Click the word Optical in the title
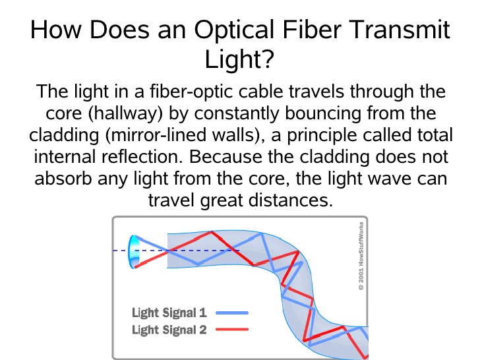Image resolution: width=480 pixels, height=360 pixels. click(234, 30)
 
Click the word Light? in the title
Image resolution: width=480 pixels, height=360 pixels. click(239, 59)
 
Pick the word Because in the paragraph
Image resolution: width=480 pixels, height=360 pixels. click(225, 156)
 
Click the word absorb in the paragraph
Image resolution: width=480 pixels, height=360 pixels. click(63, 178)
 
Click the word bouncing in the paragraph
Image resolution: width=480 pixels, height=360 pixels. click(322, 113)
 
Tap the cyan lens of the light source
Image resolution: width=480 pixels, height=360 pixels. click(133, 252)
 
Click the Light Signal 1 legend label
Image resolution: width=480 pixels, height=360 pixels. click(169, 313)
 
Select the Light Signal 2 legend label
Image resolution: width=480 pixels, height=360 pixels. click(169, 330)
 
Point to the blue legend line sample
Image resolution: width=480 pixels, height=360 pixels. click(232, 313)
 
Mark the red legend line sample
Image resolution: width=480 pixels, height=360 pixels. click(232, 330)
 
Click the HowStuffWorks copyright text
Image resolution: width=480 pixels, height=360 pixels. click(361, 256)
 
